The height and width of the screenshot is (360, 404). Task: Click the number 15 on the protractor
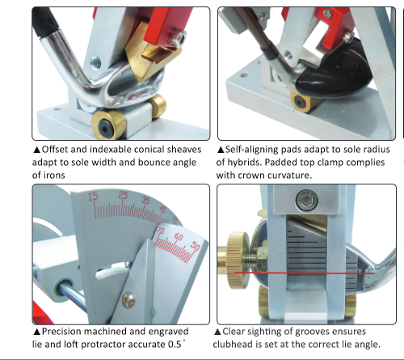(95, 197)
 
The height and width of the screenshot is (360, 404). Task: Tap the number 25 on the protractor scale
(122, 195)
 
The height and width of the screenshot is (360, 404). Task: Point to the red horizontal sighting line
(323, 274)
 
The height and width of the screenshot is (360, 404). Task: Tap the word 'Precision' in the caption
(63, 332)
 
